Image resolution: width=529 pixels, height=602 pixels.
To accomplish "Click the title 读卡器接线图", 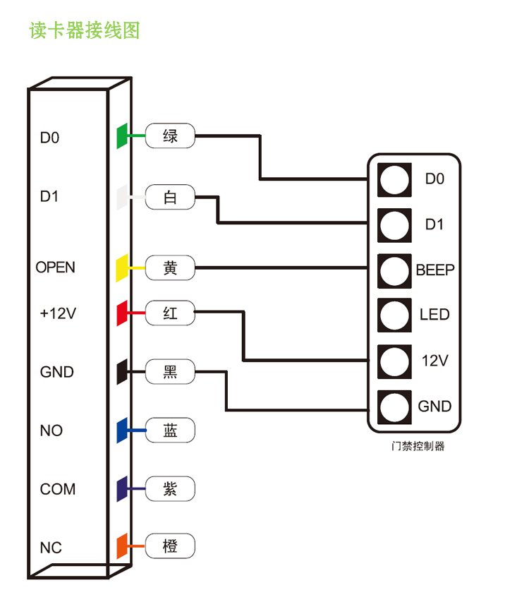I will pos(85,30).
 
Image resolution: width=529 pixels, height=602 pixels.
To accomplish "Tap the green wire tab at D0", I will pos(121,136).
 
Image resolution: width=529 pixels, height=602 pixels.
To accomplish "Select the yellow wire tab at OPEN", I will pos(121,268).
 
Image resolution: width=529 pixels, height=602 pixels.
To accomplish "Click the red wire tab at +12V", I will pos(121,313).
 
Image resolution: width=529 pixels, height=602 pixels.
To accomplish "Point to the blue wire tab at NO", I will pos(121,430).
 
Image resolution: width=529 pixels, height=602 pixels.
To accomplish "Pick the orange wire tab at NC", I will pos(121,546).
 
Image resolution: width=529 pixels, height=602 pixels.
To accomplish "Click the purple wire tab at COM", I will pos(121,488).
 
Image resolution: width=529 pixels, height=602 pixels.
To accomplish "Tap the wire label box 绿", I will pos(170,136).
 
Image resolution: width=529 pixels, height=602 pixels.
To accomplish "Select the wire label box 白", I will pos(170,198).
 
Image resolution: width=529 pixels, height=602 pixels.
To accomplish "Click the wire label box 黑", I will pos(170,371).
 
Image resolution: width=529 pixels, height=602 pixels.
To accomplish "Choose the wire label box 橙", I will pos(170,546).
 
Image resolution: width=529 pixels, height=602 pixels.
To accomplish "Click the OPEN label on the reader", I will pos(55,267).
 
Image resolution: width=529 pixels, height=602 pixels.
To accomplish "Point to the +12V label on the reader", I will pos(56,313).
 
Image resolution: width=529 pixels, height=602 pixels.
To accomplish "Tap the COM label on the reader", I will pos(57,488).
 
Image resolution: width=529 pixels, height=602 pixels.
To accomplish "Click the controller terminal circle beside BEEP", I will pos(394,270).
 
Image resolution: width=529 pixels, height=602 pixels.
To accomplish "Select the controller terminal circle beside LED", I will pos(394,315).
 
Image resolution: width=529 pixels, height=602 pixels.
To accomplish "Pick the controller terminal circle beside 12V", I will pos(394,361).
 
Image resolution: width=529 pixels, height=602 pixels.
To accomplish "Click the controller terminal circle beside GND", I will pos(394,407).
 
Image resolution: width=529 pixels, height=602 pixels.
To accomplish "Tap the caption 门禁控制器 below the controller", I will pos(418,446).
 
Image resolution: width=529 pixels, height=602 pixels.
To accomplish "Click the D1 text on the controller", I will pos(434,224).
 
